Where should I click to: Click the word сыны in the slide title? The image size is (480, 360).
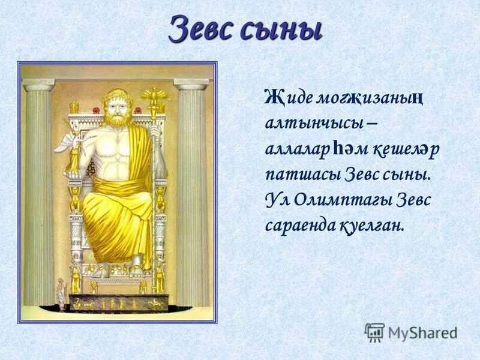pos(283,29)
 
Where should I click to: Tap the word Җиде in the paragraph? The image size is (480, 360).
pos(284,97)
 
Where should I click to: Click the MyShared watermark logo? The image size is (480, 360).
pos(410,332)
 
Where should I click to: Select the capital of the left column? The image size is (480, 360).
pos(38,83)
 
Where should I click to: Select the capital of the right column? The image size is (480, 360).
pos(191,83)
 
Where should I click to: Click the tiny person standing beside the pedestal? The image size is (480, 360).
pos(61,294)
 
